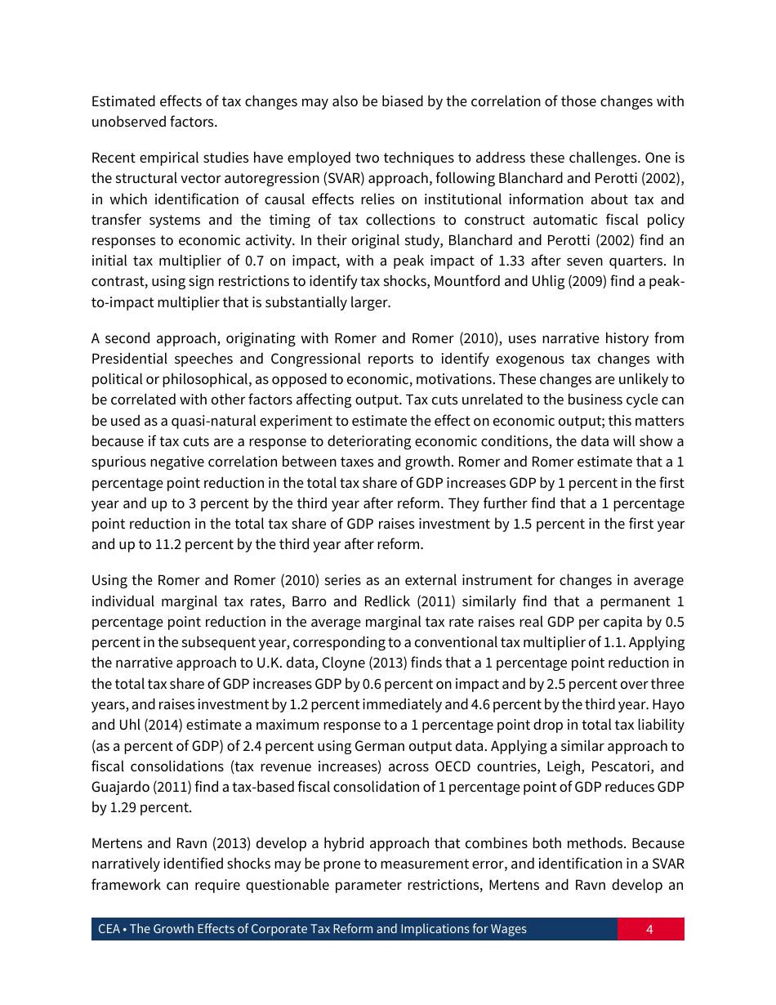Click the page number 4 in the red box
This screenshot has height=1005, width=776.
point(649,929)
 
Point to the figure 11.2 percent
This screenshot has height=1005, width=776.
point(168,544)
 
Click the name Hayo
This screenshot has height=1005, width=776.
point(669,704)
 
